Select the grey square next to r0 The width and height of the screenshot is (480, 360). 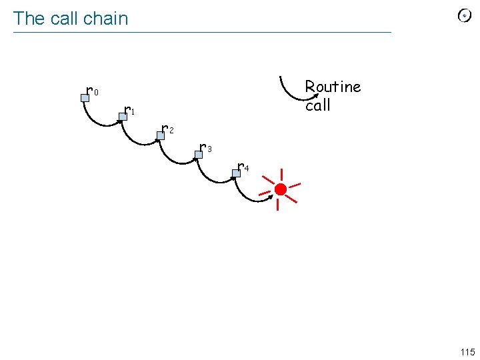click(85, 98)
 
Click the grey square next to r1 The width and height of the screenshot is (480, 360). click(123, 117)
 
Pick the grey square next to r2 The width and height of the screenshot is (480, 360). click(160, 135)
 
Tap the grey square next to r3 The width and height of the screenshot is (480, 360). click(198, 155)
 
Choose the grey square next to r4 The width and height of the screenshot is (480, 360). click(235, 173)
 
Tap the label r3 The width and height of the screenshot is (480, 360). click(206, 147)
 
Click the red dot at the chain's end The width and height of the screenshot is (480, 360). click(281, 190)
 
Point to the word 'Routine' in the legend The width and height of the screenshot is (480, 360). click(333, 87)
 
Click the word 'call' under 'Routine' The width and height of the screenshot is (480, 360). click(318, 105)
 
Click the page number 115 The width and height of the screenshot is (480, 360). click(467, 352)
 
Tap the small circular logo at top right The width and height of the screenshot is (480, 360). click(465, 16)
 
